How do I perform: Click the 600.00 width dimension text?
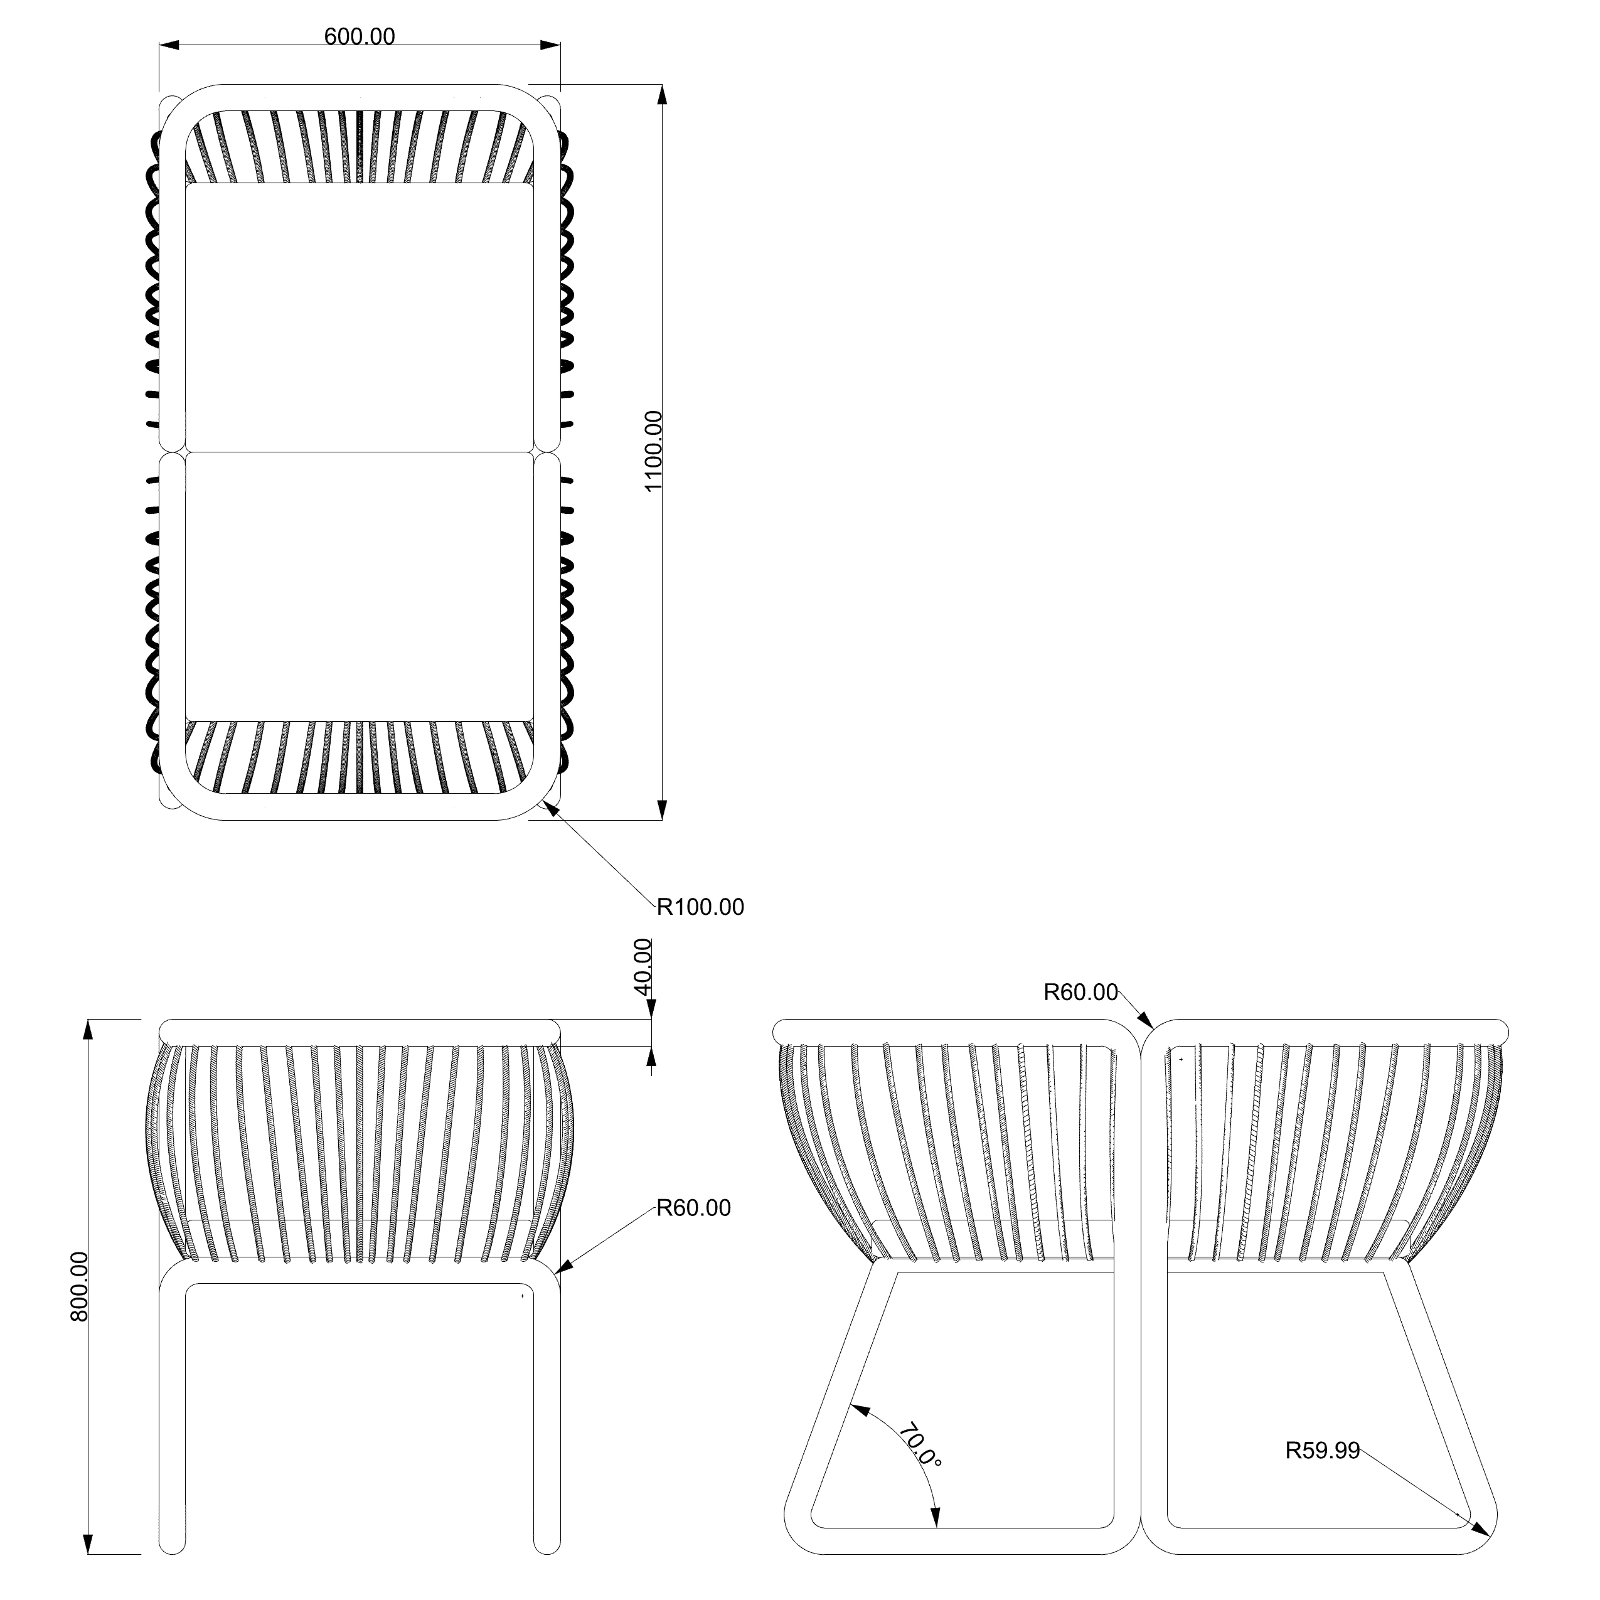360,37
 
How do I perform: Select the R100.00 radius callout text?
701,908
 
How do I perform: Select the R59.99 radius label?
1322,1451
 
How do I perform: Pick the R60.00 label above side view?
1080,992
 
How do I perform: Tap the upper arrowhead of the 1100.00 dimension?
662,94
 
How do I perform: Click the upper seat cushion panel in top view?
360,317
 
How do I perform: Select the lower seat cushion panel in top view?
360,586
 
